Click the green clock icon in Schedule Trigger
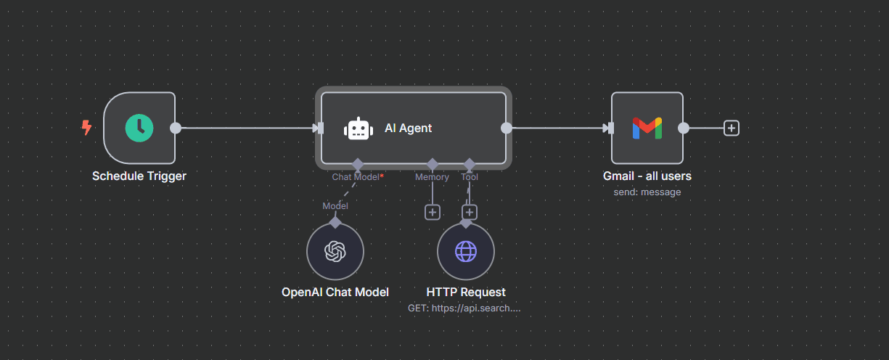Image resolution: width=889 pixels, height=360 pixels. coord(139,128)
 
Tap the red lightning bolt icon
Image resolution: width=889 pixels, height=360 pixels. coord(86,128)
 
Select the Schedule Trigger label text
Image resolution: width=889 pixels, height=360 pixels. coord(139,176)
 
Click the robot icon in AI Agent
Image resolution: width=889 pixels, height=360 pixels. coord(358,128)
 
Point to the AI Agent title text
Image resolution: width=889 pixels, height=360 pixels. coord(408,128)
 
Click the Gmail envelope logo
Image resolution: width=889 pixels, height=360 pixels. coord(647,128)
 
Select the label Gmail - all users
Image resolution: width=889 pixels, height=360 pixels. coord(647,176)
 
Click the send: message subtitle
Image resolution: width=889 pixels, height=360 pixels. coord(647,192)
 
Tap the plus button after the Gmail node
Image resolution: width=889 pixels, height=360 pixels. coord(732,128)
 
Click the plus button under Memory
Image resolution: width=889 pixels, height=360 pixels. coord(433,212)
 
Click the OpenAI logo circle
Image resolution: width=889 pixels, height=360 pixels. coord(335,251)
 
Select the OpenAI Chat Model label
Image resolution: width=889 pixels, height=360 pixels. coord(335,292)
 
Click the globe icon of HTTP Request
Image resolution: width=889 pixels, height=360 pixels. coord(465,251)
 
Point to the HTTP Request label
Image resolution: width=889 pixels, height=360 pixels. coord(465,292)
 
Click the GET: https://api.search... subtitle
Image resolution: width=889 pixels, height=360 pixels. coord(465,308)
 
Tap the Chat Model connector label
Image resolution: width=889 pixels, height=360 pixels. coord(356,176)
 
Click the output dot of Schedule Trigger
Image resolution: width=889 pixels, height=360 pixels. coord(176,128)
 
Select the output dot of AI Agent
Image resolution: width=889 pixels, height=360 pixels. coord(507,128)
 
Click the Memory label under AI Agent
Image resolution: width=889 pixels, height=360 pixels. coord(432,176)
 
